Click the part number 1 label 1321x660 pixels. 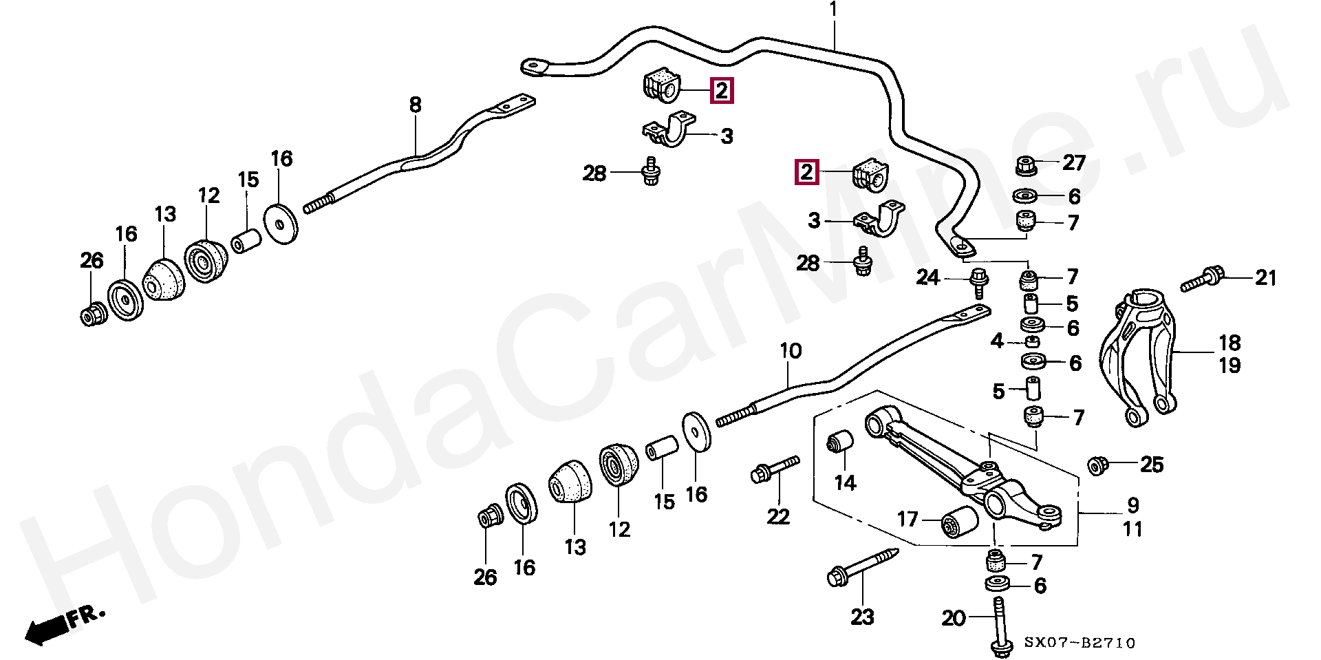click(833, 10)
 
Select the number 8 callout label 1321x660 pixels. click(415, 105)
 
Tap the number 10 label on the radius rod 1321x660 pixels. click(791, 351)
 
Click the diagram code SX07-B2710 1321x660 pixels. click(1080, 643)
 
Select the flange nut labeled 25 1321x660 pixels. click(1098, 465)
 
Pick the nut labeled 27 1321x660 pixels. click(1027, 165)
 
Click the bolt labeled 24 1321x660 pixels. click(978, 281)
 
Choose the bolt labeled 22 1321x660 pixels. click(775, 470)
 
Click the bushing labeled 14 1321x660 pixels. click(840, 442)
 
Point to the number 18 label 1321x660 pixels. click(1229, 343)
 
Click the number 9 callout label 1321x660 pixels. click(1132, 505)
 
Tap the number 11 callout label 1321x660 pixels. click(1132, 529)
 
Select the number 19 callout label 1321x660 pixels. click(1229, 365)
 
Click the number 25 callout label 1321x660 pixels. click(1152, 465)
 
